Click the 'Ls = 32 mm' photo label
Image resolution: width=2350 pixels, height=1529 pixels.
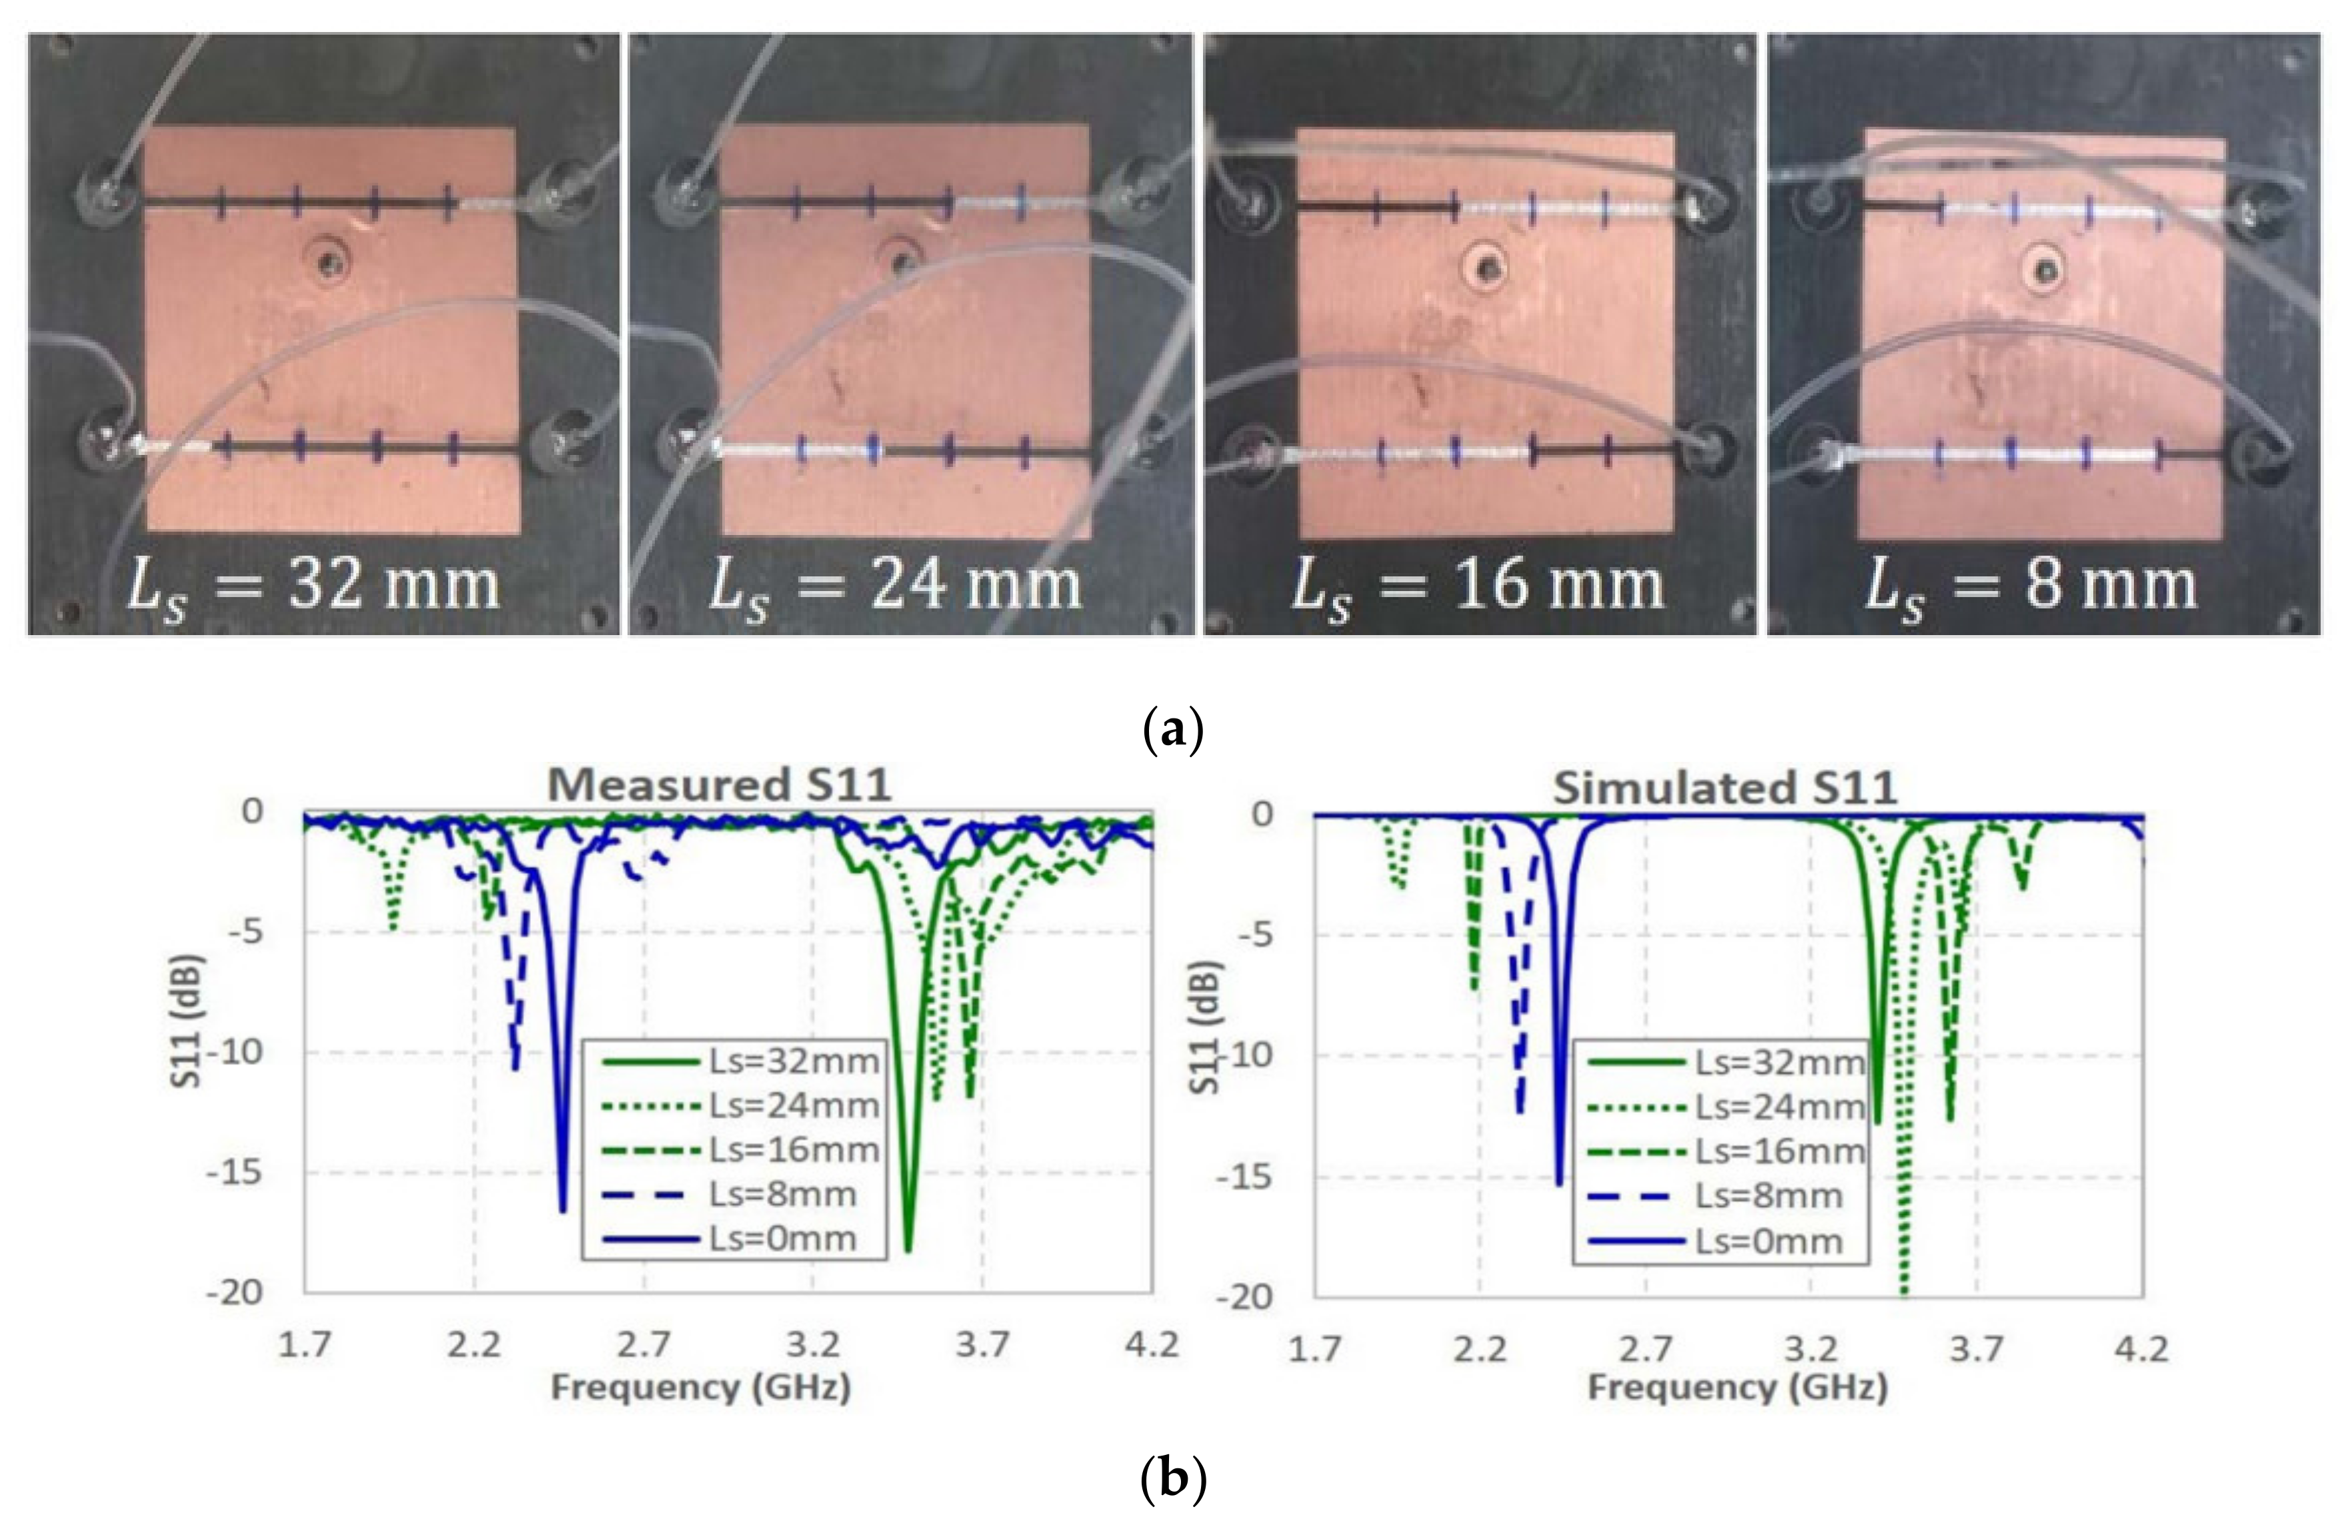314,586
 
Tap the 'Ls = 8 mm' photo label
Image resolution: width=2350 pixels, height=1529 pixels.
2031,586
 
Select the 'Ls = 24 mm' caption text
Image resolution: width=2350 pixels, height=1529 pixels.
896,586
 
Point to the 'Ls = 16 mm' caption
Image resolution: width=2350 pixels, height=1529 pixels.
1478,586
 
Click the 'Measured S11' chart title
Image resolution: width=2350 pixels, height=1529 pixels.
719,785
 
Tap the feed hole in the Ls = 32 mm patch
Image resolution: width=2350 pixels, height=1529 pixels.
329,263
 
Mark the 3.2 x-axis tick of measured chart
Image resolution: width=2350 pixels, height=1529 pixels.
813,1344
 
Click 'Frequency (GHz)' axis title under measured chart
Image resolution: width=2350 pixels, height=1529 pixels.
700,1388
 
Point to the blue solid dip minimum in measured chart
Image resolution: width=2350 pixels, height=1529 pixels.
563,1210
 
